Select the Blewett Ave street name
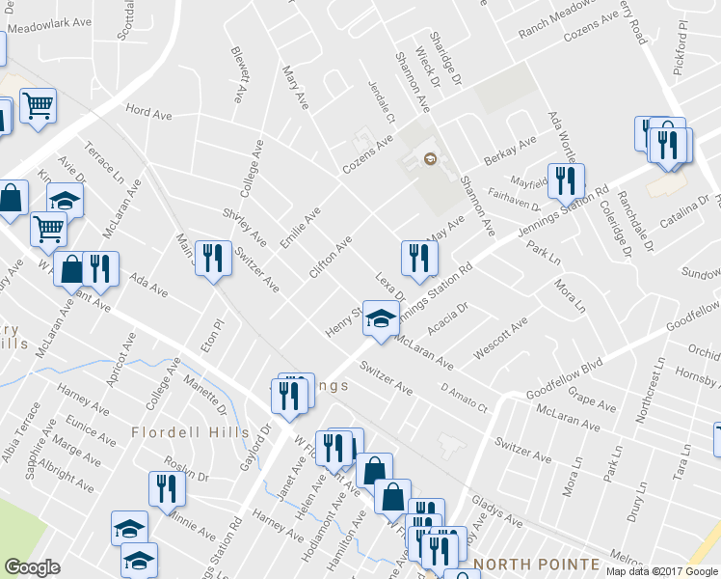[x=238, y=74]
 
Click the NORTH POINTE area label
[x=535, y=564]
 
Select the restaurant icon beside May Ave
[x=418, y=257]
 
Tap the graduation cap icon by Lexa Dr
[x=382, y=317]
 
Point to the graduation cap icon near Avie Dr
[x=65, y=200]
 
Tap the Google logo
[x=32, y=567]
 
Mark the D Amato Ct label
[x=466, y=400]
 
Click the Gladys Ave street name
[x=497, y=512]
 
